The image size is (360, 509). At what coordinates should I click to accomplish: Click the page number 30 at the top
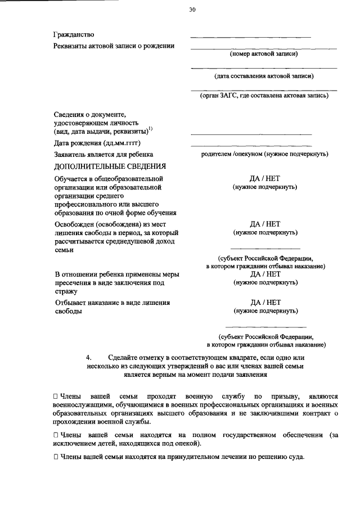(192, 9)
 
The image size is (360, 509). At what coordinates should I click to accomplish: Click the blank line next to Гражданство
(251, 37)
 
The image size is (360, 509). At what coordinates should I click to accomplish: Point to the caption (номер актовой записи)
(263, 55)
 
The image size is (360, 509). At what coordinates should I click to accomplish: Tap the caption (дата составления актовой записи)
(264, 75)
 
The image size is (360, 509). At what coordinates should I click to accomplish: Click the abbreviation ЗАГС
(231, 96)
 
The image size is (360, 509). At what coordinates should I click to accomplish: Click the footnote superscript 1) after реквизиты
(150, 129)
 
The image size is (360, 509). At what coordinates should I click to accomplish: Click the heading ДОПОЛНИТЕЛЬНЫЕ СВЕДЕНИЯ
(110, 166)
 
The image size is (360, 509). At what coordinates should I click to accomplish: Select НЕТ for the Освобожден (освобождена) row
(273, 224)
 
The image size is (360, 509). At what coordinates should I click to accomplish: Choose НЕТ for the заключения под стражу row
(273, 274)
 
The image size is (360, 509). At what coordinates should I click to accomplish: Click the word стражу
(66, 292)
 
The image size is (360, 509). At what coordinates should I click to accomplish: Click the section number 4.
(88, 358)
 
